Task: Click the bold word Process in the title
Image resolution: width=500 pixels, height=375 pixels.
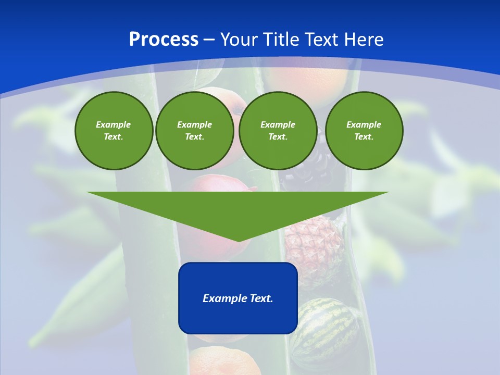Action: (164, 40)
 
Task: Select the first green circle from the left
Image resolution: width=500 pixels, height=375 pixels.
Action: (114, 131)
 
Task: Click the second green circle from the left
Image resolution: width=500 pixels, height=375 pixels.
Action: (195, 131)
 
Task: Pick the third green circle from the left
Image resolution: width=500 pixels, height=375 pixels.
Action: (278, 131)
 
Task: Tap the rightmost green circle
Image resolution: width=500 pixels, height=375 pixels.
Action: (364, 131)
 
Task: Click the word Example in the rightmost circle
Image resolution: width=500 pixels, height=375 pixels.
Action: (364, 124)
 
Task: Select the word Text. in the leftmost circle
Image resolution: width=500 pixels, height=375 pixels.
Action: (114, 137)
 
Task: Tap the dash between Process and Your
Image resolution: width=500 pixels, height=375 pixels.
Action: (209, 40)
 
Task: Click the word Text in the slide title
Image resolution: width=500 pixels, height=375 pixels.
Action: (322, 40)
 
